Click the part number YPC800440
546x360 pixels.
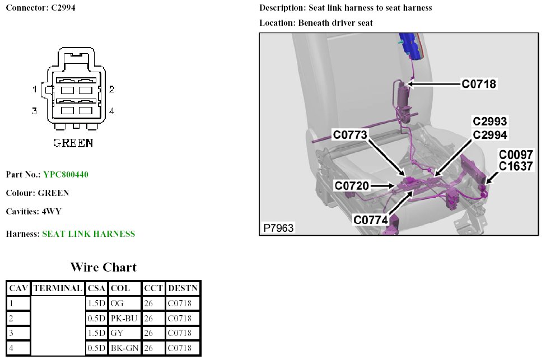point(66,175)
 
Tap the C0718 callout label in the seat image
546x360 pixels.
point(479,84)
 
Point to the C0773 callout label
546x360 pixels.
point(350,135)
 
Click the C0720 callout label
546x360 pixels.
point(352,185)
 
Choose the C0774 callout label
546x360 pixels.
point(371,220)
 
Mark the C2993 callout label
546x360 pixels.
point(490,121)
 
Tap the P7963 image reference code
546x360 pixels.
point(278,228)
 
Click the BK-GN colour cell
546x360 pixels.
point(124,348)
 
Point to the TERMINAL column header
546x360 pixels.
point(58,288)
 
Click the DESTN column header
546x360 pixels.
point(183,288)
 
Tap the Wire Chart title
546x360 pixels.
point(103,267)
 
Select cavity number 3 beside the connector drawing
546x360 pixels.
point(35,111)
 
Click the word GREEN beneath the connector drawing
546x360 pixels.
point(73,143)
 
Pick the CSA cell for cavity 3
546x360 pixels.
point(96,333)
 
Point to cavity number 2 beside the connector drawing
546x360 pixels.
point(112,89)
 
